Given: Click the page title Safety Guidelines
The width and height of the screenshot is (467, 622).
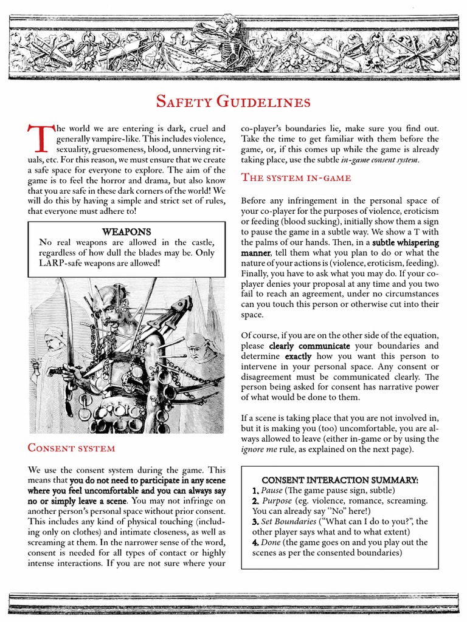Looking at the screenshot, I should (233, 101).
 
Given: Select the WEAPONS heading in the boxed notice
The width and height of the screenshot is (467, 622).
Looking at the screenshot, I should (126, 231).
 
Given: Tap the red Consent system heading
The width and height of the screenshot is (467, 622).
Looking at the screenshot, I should (71, 448).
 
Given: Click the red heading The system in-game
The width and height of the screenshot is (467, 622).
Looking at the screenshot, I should (296, 177).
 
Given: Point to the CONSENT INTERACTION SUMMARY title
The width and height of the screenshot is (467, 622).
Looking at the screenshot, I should (340, 480).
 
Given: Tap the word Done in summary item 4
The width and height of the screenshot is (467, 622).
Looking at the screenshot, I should (271, 542).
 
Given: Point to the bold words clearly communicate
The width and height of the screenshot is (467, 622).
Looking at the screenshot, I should (309, 346).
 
